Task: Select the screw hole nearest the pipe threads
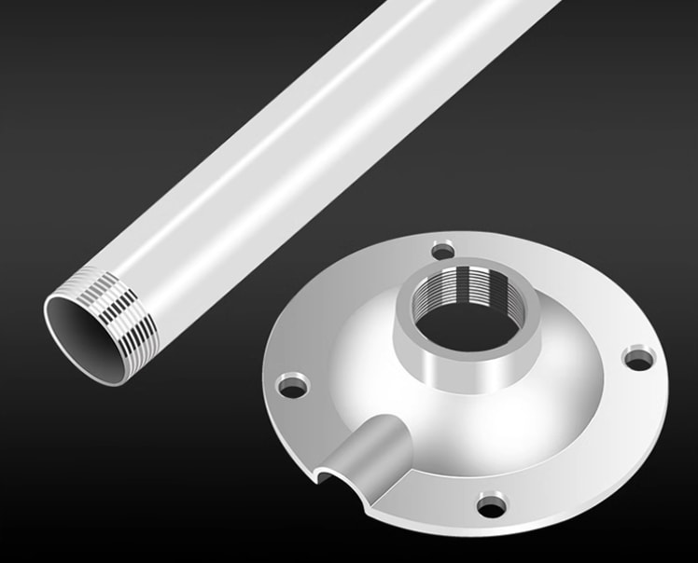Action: coord(293,384)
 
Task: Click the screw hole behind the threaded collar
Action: coord(442,250)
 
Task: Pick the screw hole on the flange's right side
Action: coord(639,357)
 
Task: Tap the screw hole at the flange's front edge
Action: coord(491,506)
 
